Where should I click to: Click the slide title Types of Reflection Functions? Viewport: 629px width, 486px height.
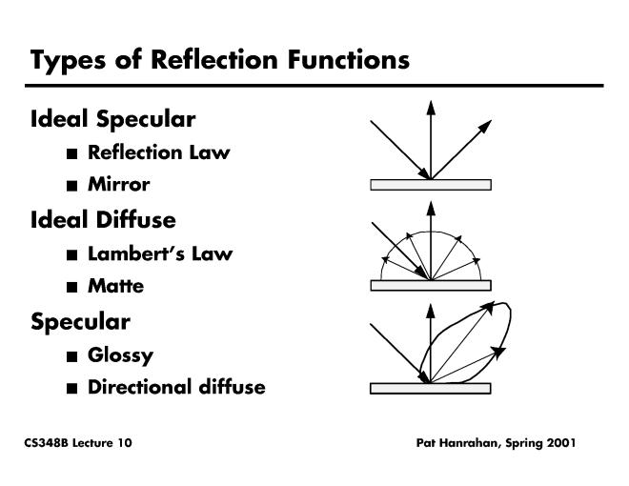tap(220, 60)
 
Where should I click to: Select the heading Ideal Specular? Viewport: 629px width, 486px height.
tap(112, 119)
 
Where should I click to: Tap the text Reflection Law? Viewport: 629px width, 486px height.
tap(158, 152)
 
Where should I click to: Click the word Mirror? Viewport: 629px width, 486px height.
tap(119, 184)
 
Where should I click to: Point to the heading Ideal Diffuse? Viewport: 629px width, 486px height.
tap(103, 220)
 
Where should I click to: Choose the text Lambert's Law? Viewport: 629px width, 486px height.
tap(159, 254)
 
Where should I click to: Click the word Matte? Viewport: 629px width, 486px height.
tap(116, 286)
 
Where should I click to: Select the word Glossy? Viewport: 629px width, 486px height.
tap(120, 355)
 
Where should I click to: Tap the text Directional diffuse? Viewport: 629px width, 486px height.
tap(176, 387)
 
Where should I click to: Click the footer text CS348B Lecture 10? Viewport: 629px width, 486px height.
tap(78, 443)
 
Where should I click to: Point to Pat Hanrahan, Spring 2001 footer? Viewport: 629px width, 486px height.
tap(496, 443)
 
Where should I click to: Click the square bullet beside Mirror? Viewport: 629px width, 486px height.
tap(72, 185)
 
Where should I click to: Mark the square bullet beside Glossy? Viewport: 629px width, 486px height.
tap(72, 356)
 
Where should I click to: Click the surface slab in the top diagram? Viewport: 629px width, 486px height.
tap(431, 185)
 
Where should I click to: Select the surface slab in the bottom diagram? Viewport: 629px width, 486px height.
tap(431, 388)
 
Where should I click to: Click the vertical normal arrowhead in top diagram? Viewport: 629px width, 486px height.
tap(431, 107)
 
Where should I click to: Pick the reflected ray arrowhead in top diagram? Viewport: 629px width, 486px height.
tap(486, 126)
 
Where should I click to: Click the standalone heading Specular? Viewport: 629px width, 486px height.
tap(80, 321)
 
